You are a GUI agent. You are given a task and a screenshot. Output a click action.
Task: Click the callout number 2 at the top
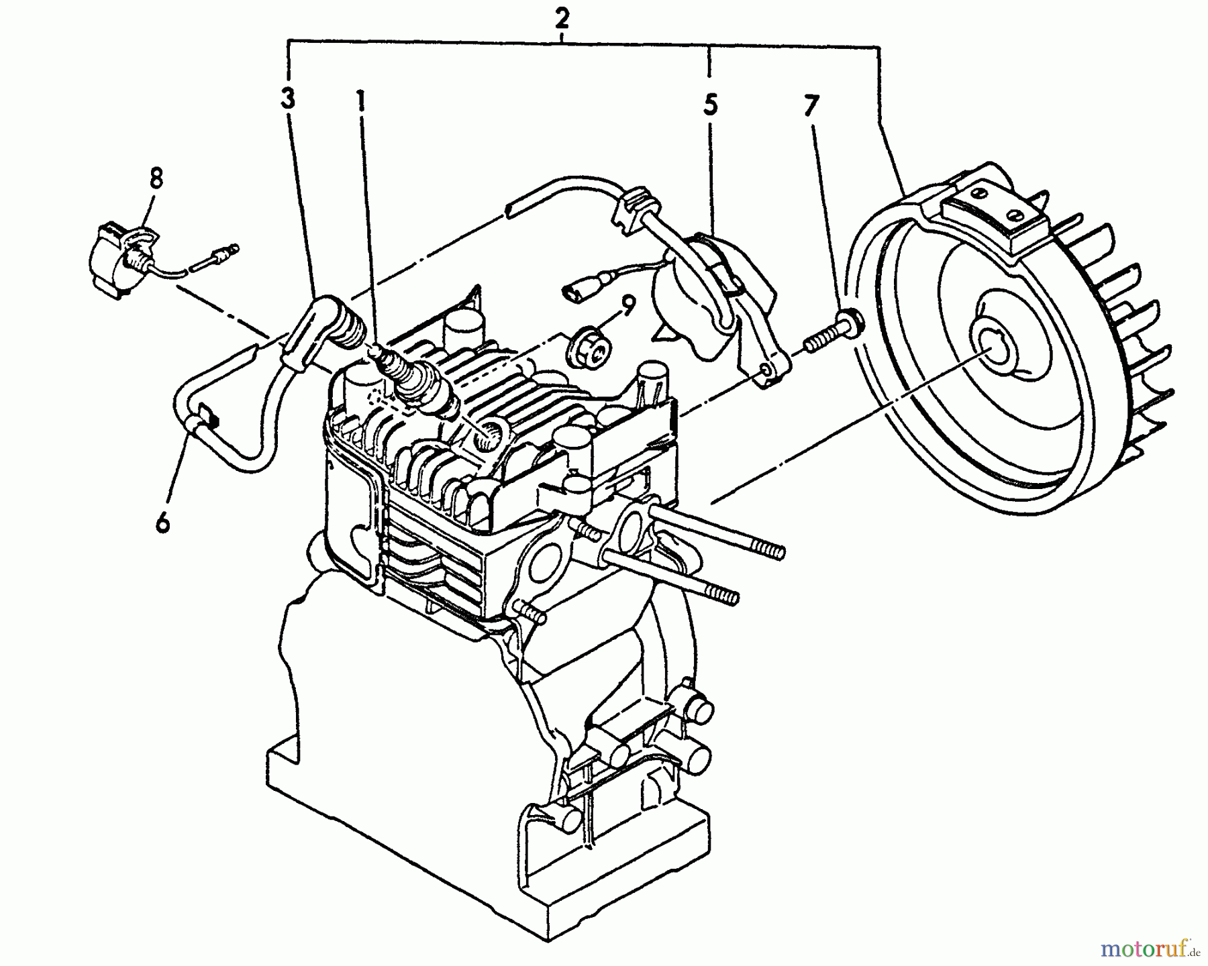point(562,19)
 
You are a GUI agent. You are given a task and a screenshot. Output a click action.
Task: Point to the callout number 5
point(710,105)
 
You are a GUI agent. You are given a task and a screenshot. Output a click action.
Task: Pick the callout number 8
point(156,180)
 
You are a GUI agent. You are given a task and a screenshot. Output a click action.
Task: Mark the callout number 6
point(163,521)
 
